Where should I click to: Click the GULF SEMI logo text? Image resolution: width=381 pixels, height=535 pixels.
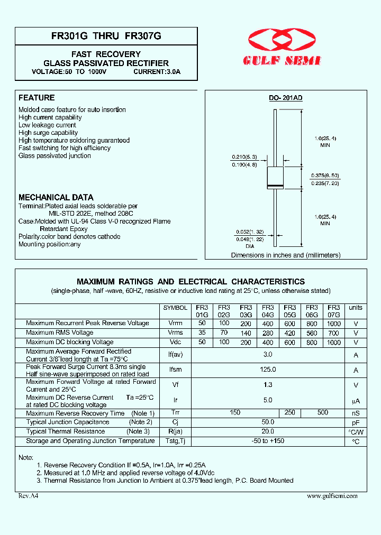click(x=282, y=61)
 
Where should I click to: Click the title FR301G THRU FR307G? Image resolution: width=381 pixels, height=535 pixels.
click(x=106, y=36)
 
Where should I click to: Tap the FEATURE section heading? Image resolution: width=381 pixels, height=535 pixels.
click(x=37, y=98)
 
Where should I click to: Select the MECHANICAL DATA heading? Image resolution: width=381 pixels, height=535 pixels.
click(x=56, y=197)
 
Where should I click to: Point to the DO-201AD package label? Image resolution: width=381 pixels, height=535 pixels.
click(x=285, y=98)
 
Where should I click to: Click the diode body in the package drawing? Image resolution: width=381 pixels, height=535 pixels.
click(x=275, y=177)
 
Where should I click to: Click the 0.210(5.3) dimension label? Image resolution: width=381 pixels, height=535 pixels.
click(x=244, y=157)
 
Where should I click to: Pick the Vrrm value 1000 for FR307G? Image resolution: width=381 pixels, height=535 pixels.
click(x=334, y=323)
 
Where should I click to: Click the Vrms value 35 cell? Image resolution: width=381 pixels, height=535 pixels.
click(x=202, y=333)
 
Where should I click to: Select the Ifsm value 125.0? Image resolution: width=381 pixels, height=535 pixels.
click(x=268, y=370)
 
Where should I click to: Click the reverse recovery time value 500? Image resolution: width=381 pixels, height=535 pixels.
click(x=322, y=413)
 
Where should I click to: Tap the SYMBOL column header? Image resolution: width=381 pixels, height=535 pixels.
click(x=175, y=308)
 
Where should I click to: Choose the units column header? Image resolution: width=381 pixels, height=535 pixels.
click(x=356, y=308)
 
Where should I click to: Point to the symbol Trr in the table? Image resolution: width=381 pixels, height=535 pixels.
click(x=175, y=413)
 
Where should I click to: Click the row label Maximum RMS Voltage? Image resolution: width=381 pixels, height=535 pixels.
click(x=59, y=333)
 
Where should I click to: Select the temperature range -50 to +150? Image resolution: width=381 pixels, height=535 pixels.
click(x=268, y=441)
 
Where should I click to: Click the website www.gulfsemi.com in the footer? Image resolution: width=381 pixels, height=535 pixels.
click(x=332, y=496)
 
